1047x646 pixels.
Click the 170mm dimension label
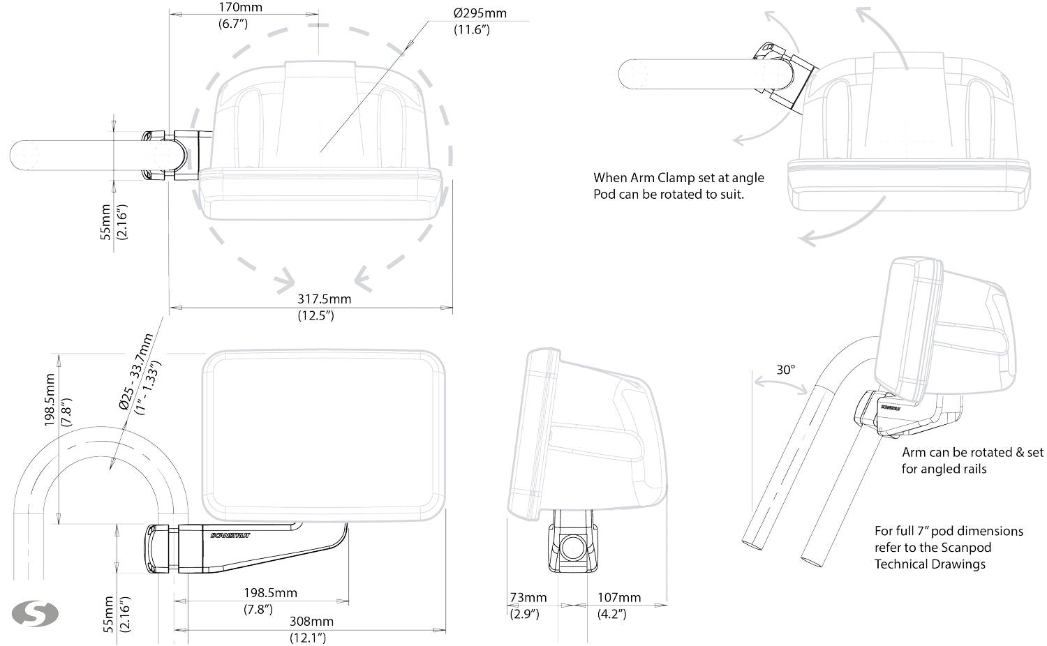pyautogui.click(x=232, y=8)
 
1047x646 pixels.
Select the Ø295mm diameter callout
pyautogui.click(x=480, y=13)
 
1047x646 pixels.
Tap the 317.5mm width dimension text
pyautogui.click(x=325, y=299)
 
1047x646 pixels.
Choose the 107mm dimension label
pyautogui.click(x=618, y=598)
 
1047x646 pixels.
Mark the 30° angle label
pyautogui.click(x=786, y=369)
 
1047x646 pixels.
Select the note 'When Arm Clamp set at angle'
pyautogui.click(x=678, y=178)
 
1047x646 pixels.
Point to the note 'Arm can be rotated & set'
pyautogui.click(x=972, y=453)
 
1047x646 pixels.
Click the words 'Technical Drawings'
pyautogui.click(x=930, y=564)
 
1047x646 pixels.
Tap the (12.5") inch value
pyautogui.click(x=316, y=315)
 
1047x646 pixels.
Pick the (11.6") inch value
pyautogui.click(x=472, y=30)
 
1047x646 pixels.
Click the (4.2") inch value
pyautogui.click(x=611, y=614)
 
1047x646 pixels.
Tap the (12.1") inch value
pyautogui.click(x=308, y=637)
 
